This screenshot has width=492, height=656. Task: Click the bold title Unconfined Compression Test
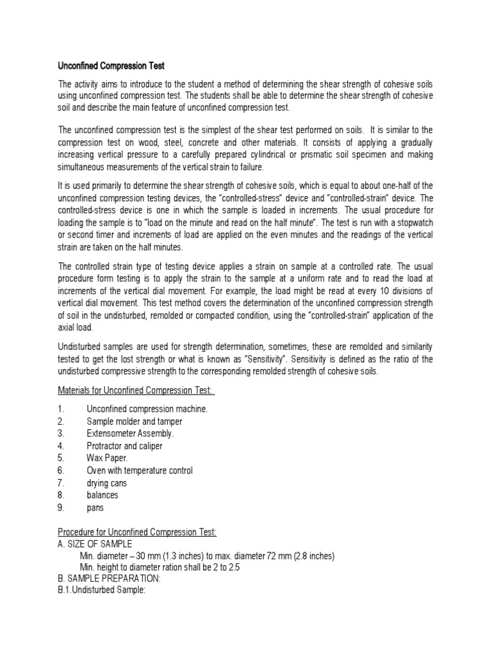tap(112, 65)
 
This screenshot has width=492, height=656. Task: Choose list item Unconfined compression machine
tap(147, 409)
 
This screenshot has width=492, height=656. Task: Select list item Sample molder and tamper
tap(135, 422)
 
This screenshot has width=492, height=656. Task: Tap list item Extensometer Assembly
tap(130, 434)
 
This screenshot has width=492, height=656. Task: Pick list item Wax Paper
tap(107, 458)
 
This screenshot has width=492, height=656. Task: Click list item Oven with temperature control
tap(140, 471)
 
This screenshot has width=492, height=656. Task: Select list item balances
tap(102, 495)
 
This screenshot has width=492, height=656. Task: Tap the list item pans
tap(95, 507)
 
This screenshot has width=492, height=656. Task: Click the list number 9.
tap(61, 507)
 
